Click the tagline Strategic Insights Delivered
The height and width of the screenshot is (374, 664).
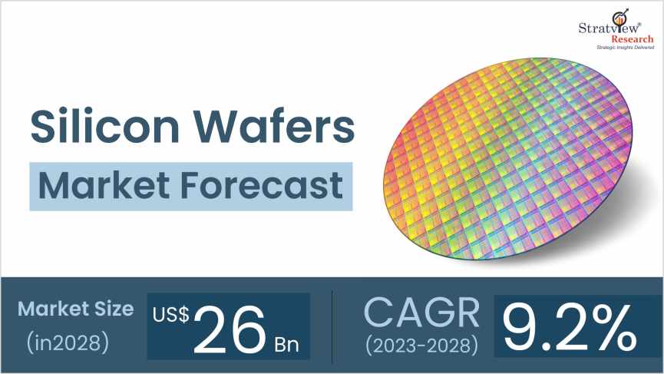626,48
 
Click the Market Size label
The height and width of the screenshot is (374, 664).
75,309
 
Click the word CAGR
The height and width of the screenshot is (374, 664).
422,311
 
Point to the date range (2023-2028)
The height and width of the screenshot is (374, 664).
422,345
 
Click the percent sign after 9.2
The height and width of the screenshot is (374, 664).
613,328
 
